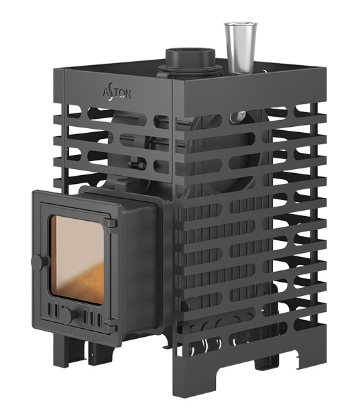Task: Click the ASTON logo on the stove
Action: pyautogui.click(x=117, y=93)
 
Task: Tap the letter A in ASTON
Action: pyautogui.click(x=106, y=92)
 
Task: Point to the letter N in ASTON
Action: pyautogui.click(x=127, y=94)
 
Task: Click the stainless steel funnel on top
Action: pyautogui.click(x=241, y=48)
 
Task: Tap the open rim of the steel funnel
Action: pyautogui.click(x=241, y=24)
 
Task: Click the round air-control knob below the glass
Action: pyautogui.click(x=69, y=314)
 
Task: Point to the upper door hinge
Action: pyautogui.click(x=111, y=223)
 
